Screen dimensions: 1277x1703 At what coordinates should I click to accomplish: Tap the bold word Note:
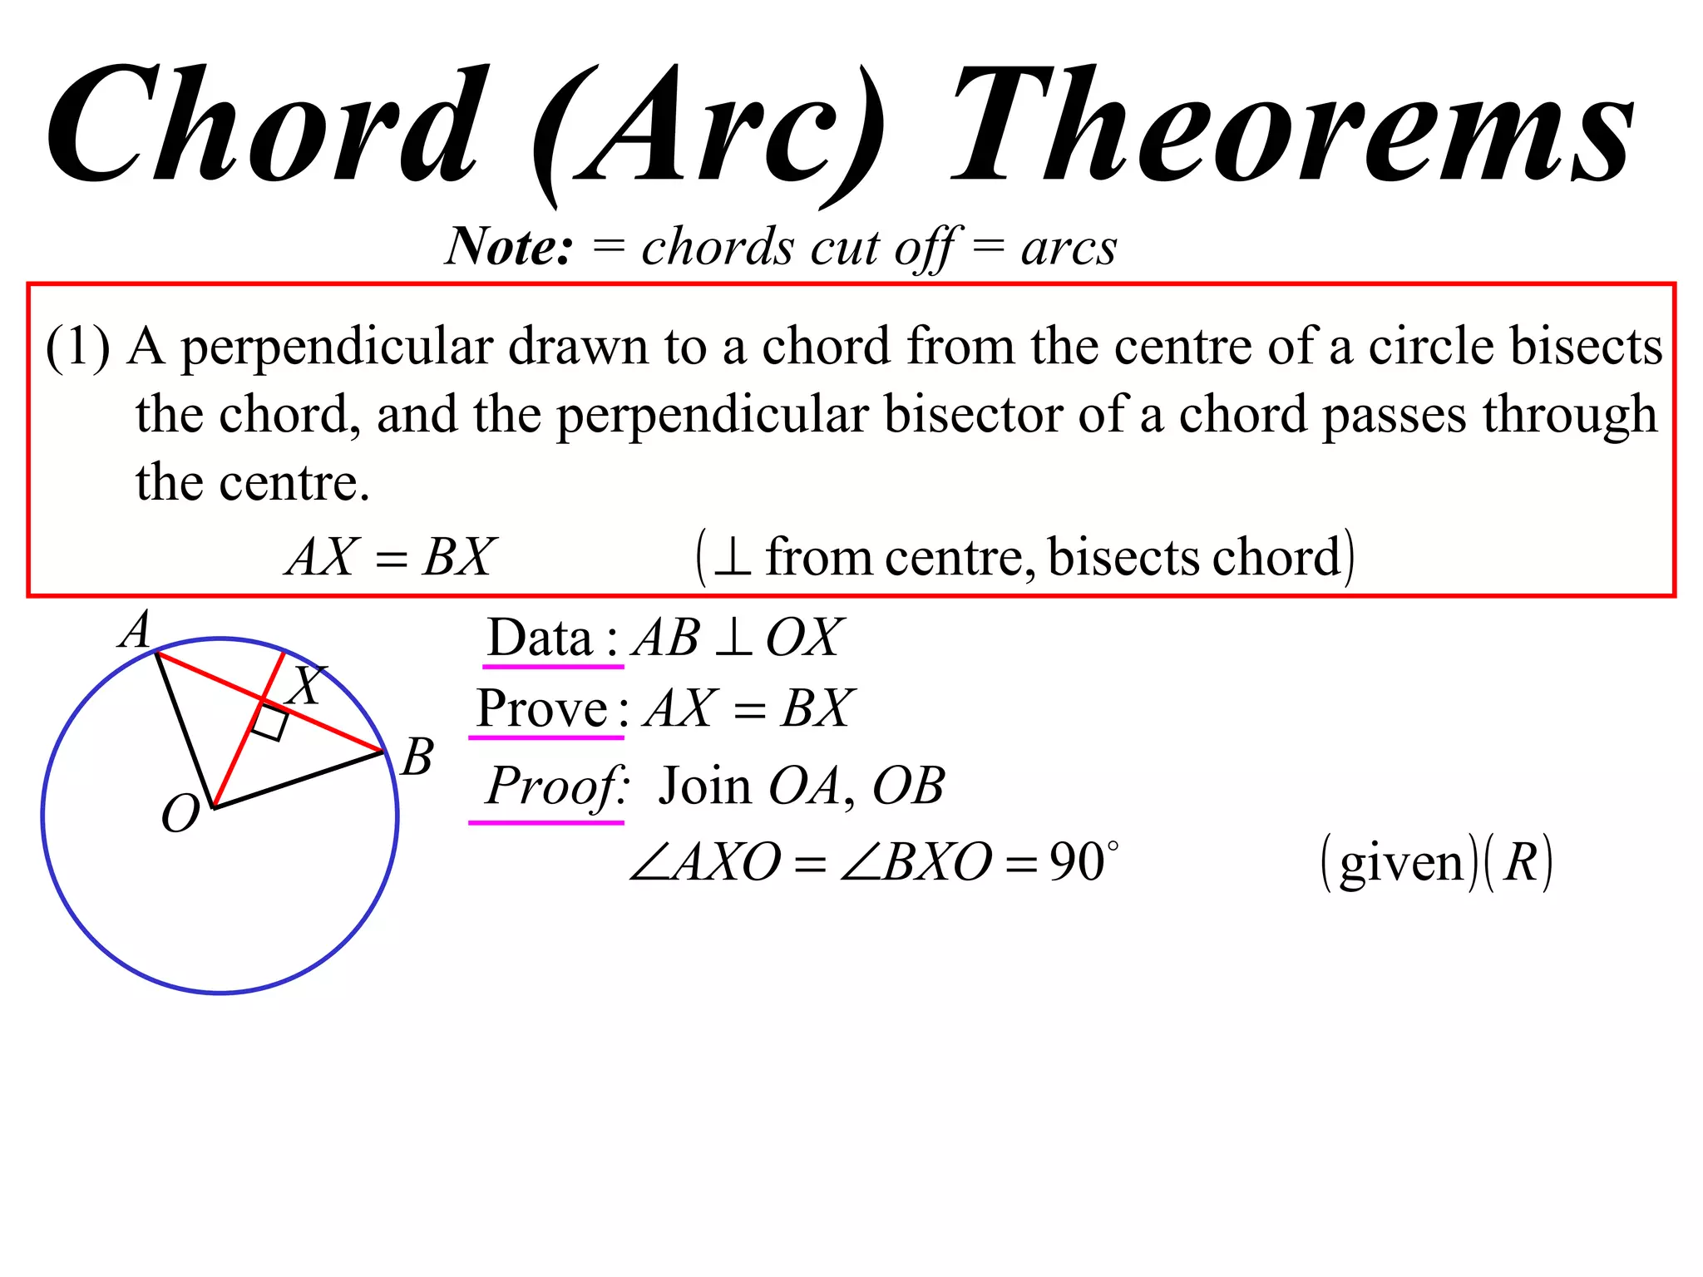click(510, 246)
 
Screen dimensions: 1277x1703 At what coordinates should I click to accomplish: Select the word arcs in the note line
click(1069, 248)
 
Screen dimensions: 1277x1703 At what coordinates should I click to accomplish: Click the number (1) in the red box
click(77, 347)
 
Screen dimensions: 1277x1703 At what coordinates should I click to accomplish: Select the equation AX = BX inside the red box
click(391, 557)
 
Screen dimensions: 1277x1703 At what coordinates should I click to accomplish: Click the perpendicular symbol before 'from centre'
click(733, 558)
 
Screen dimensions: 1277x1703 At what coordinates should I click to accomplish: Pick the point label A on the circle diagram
click(136, 629)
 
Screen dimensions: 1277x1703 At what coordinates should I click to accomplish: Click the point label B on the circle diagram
click(417, 757)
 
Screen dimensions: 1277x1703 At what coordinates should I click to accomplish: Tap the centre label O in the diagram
click(180, 814)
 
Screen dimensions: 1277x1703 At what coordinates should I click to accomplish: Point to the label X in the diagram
click(307, 685)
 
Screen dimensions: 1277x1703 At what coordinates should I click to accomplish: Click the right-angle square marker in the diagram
click(270, 722)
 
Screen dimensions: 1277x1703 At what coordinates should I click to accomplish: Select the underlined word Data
click(540, 638)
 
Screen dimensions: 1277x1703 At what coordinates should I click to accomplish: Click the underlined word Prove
click(541, 709)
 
